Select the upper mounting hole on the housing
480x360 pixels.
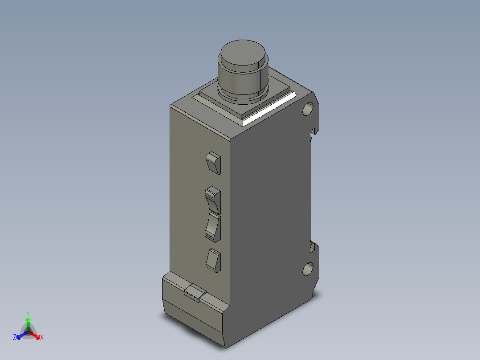tap(308, 109)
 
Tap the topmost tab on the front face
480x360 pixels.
tap(213, 162)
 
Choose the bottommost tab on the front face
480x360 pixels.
tap(213, 260)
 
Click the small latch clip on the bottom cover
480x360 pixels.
tap(195, 293)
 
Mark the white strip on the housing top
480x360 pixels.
tap(270, 108)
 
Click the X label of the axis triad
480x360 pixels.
tap(42, 338)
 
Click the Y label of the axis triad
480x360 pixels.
tap(28, 313)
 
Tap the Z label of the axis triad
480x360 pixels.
tap(15, 338)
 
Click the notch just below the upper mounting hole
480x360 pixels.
tap(314, 131)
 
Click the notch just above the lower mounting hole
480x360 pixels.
tap(313, 246)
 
